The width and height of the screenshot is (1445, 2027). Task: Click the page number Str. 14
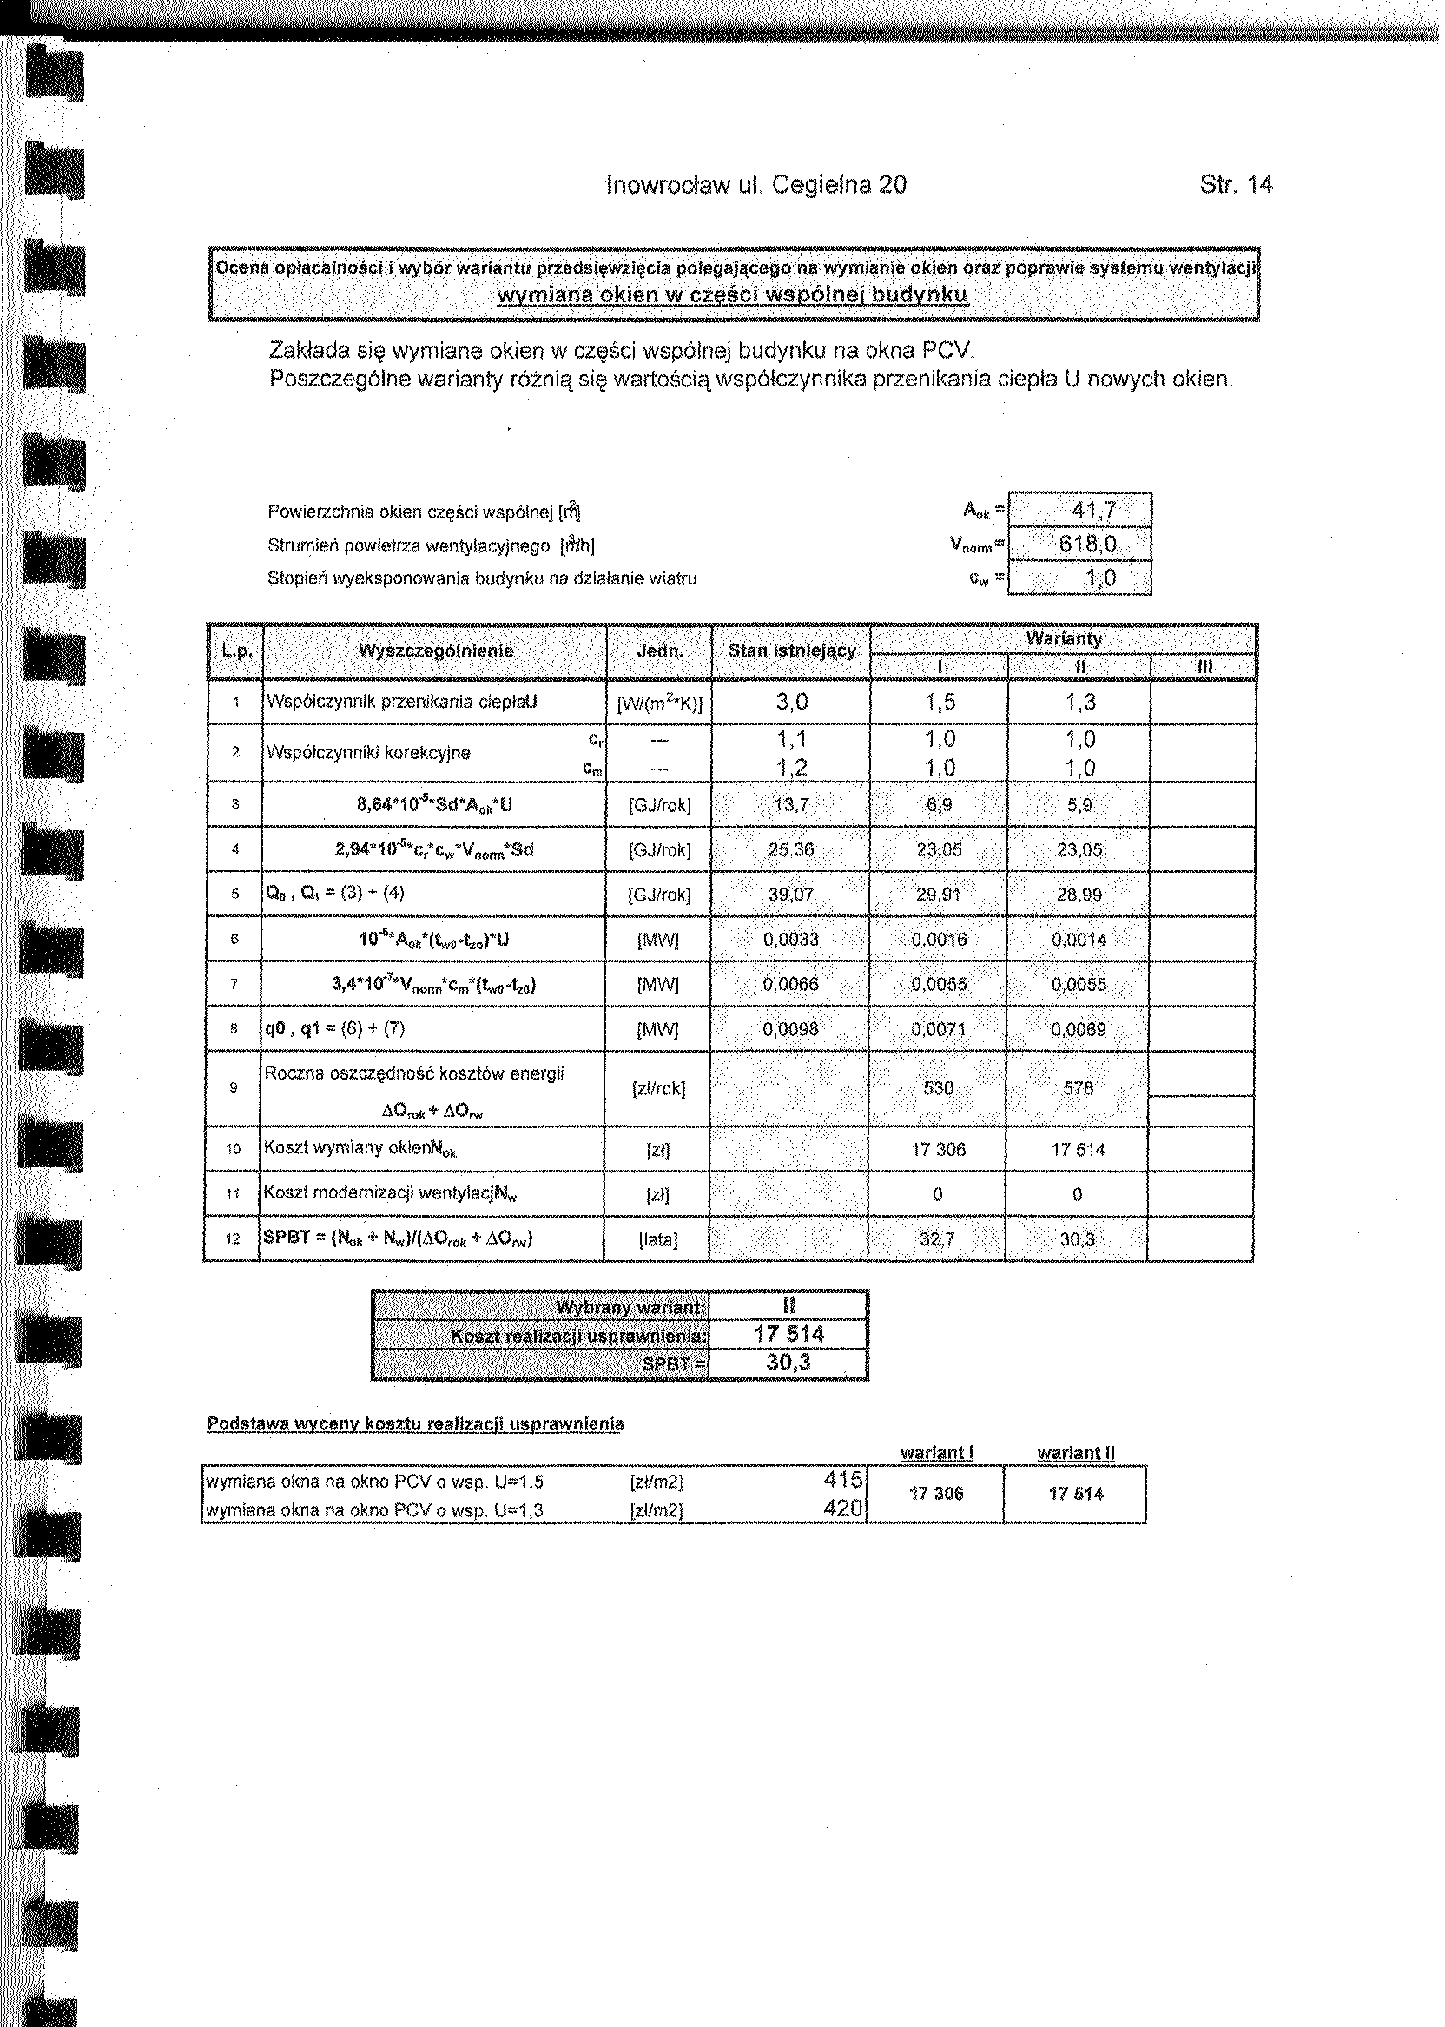tap(1236, 185)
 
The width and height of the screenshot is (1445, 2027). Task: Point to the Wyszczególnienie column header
tap(435, 650)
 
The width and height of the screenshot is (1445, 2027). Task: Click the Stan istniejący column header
tap(791, 650)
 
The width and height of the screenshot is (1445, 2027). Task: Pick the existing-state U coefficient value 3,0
tap(791, 702)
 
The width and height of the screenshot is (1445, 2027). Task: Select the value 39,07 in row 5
tap(791, 894)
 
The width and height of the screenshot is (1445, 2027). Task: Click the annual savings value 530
tap(938, 1088)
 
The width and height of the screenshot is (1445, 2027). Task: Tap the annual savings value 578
tap(1077, 1088)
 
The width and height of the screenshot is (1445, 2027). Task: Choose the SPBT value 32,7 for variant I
tap(938, 1238)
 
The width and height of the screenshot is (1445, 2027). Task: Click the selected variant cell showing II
tap(788, 1306)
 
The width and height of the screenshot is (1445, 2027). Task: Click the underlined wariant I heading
tap(937, 1453)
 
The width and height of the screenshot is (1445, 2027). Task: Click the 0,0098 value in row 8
tap(791, 1029)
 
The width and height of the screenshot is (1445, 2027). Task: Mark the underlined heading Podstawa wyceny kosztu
tap(414, 1423)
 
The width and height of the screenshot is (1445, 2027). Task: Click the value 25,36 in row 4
tap(791, 848)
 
